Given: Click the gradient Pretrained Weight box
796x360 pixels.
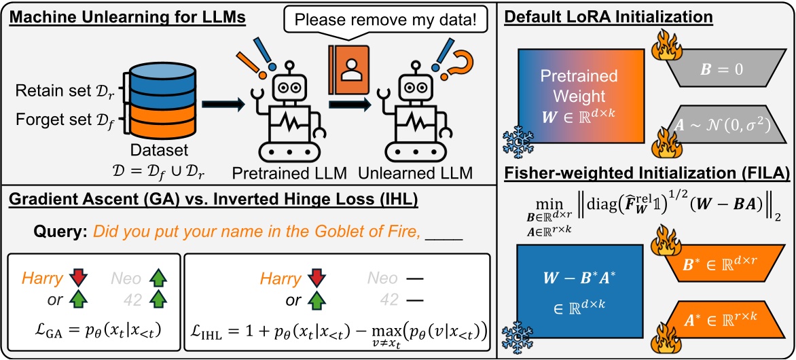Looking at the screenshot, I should (581, 96).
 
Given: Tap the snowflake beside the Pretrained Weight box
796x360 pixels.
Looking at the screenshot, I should (515, 142).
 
